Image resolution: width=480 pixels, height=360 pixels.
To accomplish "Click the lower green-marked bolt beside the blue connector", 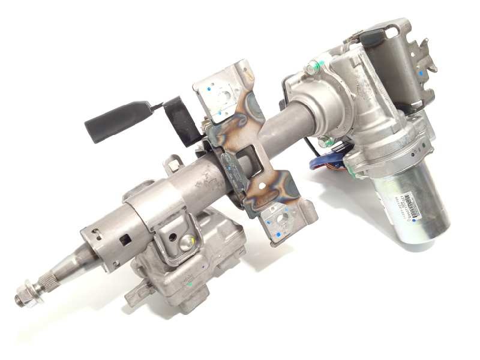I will point(324,142).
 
